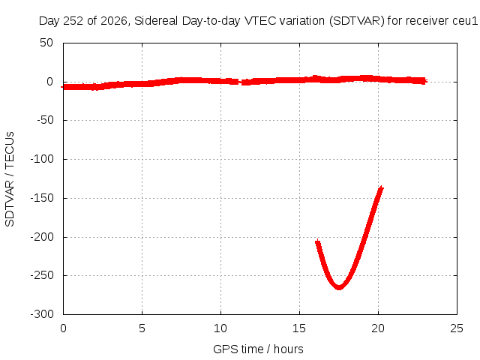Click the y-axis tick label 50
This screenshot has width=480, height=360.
tap(46, 43)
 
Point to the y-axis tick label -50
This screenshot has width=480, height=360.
tap(45, 120)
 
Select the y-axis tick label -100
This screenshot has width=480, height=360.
tap(42, 159)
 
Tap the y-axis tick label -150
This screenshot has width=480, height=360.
tap(42, 198)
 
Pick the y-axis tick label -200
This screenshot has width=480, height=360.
tap(42, 237)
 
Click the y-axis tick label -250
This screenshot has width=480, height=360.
tap(42, 275)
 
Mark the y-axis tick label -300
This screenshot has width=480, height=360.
tap(42, 314)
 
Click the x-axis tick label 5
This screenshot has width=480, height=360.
tap(142, 328)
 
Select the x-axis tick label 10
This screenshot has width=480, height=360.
tap(220, 328)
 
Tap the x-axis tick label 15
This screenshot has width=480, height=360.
tap(299, 328)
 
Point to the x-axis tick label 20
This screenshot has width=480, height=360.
tap(378, 328)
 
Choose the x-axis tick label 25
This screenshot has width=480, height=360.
tap(457, 328)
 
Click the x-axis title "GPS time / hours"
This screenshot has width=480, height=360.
tap(258, 349)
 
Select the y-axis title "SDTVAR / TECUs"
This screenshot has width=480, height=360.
tap(10, 179)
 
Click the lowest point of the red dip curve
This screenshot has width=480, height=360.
tap(339, 288)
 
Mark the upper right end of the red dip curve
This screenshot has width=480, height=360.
tap(382, 187)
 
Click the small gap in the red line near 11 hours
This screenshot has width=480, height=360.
tap(240, 82)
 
